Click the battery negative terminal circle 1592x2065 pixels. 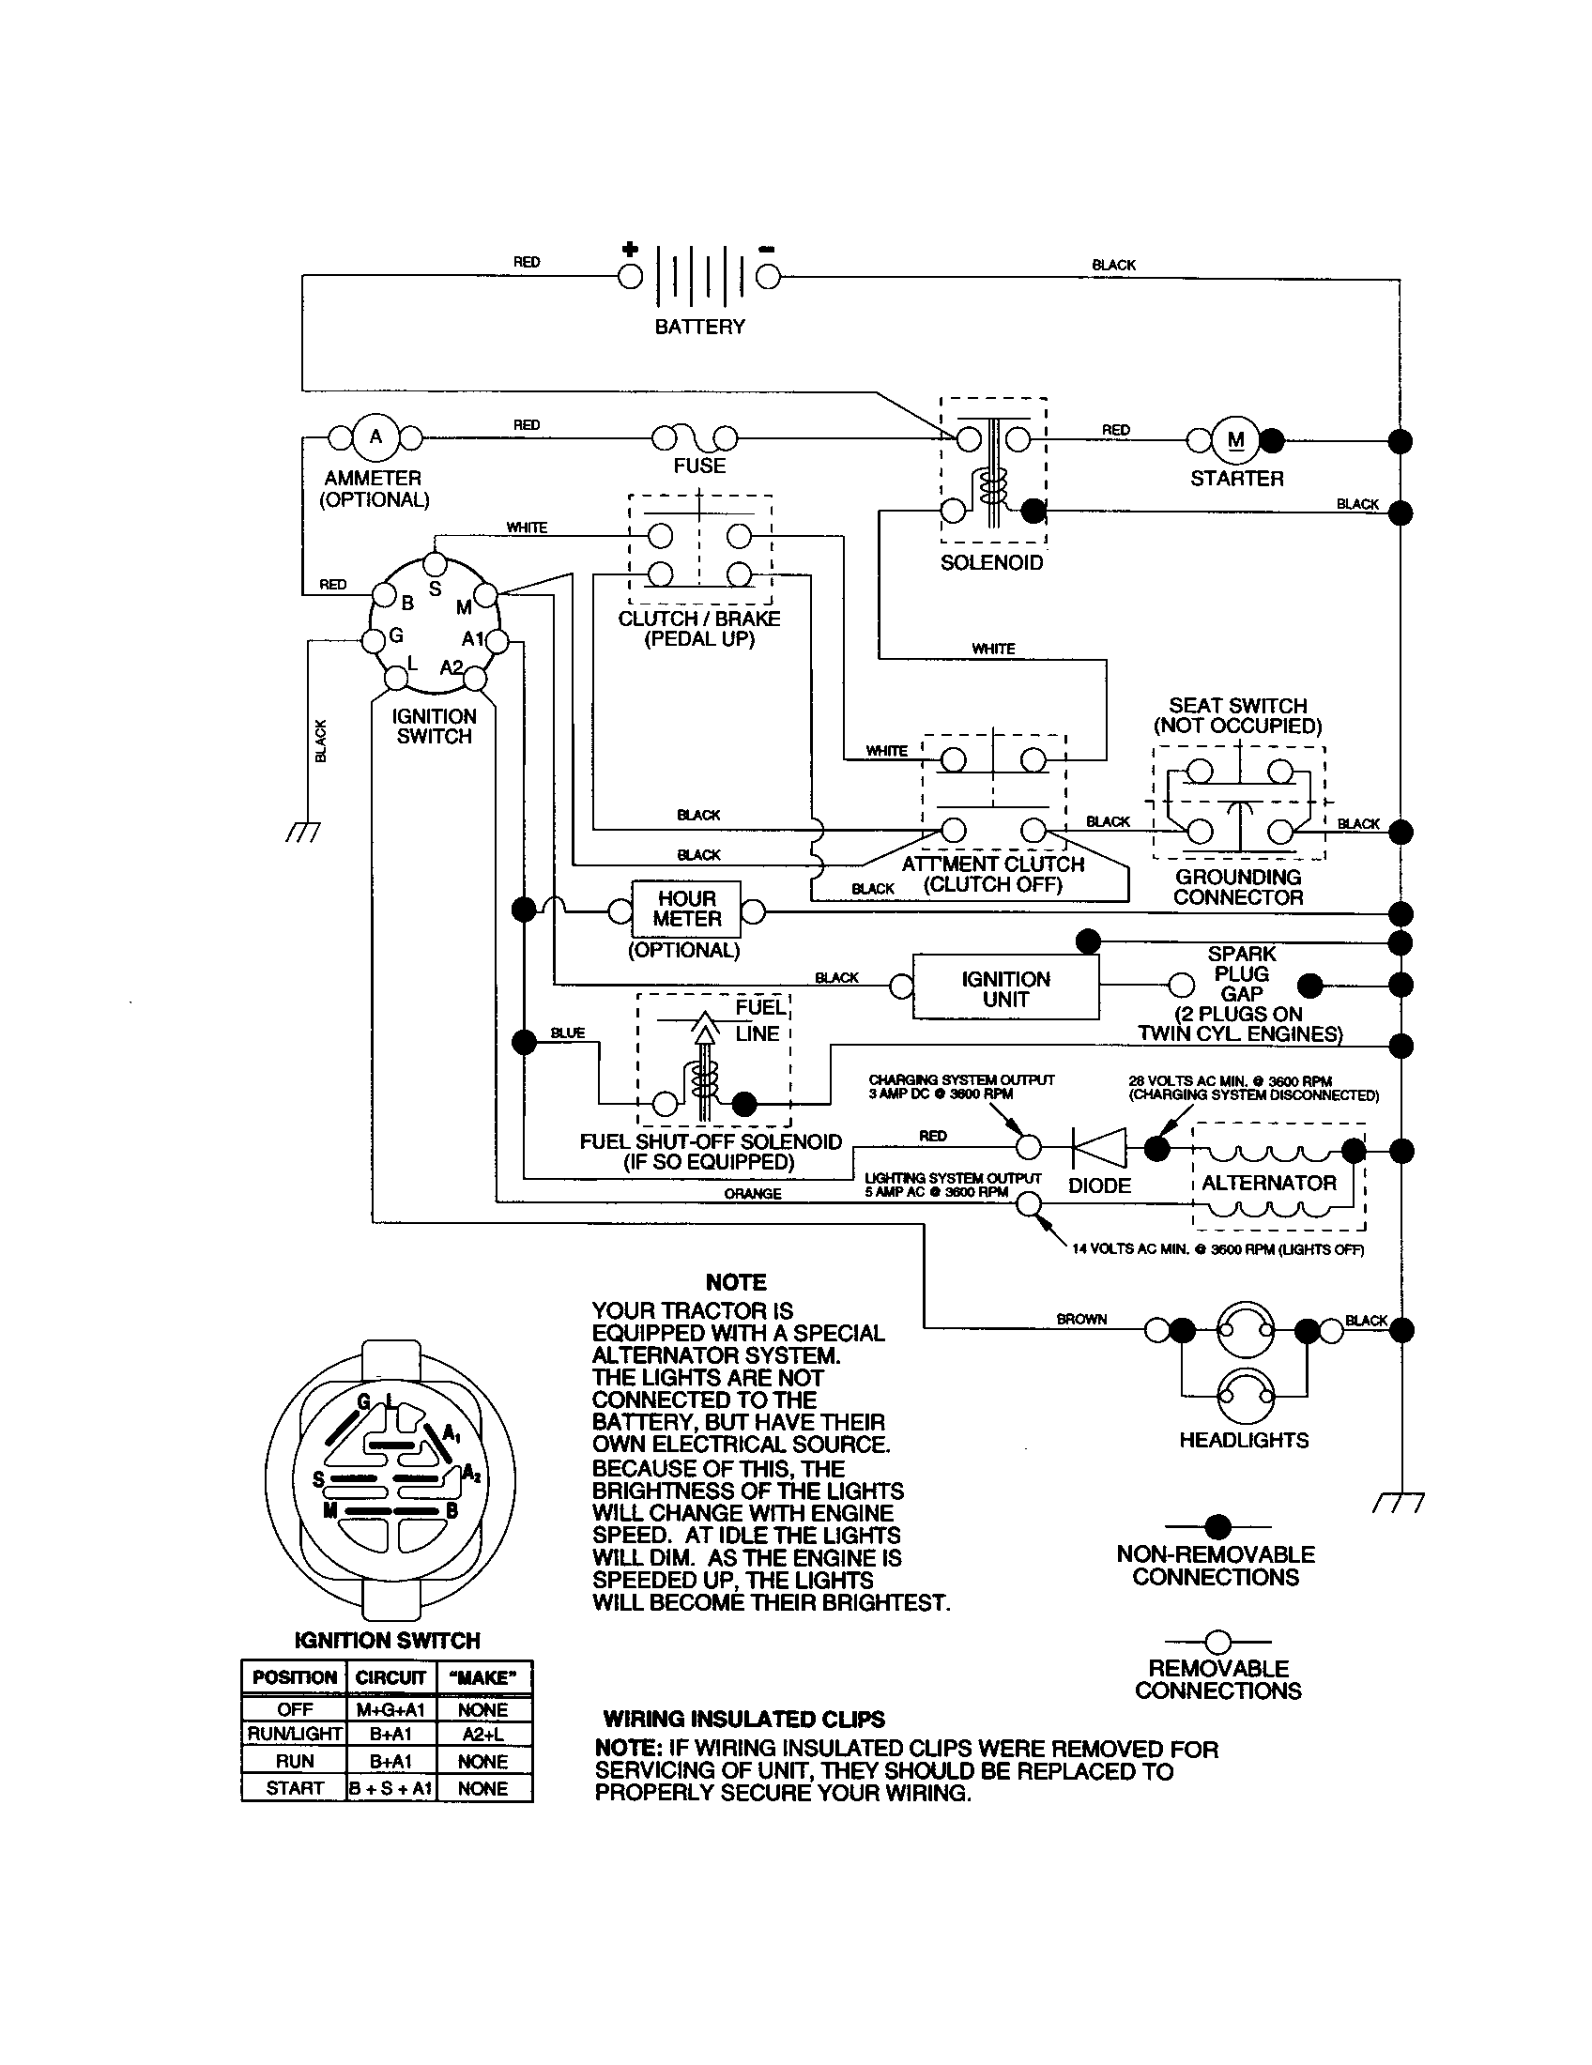coord(769,277)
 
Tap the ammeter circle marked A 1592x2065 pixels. coord(375,437)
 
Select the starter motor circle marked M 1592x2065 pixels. coord(1234,439)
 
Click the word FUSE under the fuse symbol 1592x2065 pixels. coord(699,467)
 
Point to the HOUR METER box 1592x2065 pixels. coord(686,910)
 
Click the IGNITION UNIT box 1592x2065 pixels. coord(1005,988)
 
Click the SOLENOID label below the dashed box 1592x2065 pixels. coord(991,563)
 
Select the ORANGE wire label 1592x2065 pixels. coord(753,1194)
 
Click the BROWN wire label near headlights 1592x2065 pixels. coord(1081,1319)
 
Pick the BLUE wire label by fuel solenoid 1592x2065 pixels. coord(568,1033)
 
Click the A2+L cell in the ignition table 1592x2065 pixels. coord(484,1734)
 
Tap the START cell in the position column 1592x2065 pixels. coord(295,1788)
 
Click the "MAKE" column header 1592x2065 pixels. coord(484,1678)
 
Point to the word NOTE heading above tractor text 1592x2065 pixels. coord(736,1283)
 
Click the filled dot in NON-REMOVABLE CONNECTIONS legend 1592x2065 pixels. coord(1217,1526)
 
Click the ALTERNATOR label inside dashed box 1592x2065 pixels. coord(1269,1183)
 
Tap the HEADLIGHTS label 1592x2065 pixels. coord(1243,1440)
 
